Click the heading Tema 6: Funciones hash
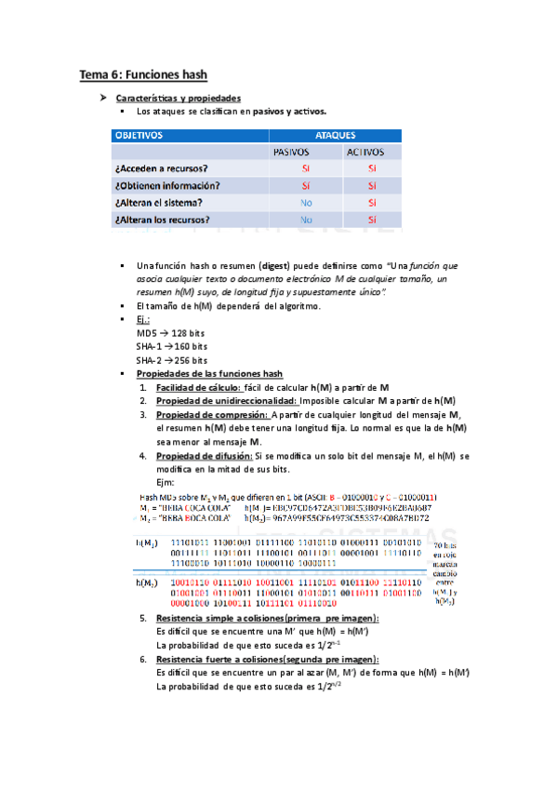143,74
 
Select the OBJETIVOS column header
139,135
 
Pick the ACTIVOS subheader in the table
369,152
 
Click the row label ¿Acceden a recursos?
161,168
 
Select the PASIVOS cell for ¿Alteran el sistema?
306,202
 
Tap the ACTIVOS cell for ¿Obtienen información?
372,185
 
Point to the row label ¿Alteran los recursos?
163,220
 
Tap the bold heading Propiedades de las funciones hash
209,373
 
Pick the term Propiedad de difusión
205,456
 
